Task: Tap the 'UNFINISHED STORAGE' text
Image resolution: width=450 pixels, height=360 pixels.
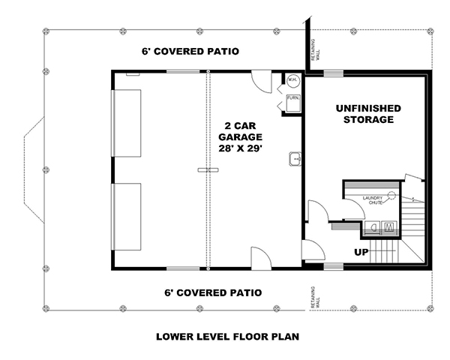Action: (367, 114)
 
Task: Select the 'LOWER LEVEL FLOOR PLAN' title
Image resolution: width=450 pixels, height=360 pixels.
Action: (227, 337)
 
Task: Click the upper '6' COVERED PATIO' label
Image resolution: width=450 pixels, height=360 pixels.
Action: (190, 52)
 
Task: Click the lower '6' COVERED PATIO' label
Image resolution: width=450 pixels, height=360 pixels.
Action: (214, 292)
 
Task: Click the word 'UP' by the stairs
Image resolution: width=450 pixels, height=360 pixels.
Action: (361, 252)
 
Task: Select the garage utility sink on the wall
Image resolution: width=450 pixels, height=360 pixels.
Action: (295, 158)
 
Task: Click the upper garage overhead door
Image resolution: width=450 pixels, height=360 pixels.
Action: (127, 123)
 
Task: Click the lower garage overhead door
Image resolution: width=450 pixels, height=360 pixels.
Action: (127, 217)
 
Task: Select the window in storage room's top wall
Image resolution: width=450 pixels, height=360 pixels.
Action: (334, 73)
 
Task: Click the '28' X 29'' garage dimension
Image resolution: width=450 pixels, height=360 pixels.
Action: (240, 148)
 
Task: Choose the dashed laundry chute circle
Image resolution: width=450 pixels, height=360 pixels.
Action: (390, 195)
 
